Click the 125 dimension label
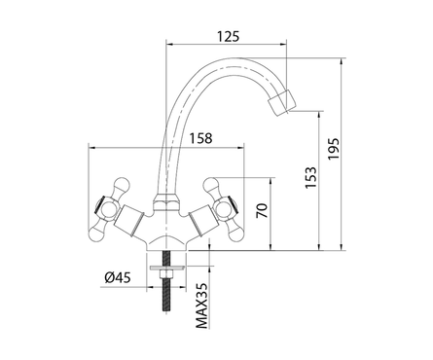point(228,36)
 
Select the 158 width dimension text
point(200,138)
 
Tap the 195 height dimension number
point(333,149)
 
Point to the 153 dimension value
point(310,177)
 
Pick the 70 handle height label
point(262,210)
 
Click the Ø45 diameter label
point(117,277)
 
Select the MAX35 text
point(201,306)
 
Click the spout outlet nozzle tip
point(282,102)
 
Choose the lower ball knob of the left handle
point(98,232)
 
